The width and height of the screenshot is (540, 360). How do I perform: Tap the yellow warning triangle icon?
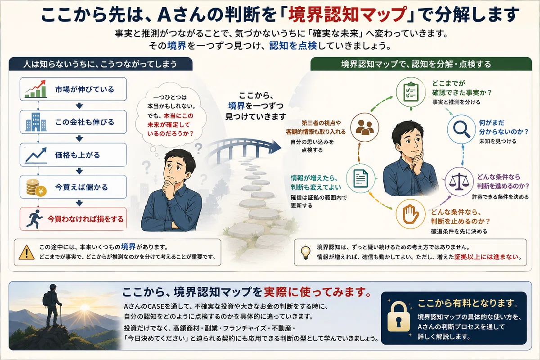(x=27, y=252)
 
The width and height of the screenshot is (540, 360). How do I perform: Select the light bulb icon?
(x=306, y=252)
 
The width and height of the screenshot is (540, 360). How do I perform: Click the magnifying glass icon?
(x=461, y=129)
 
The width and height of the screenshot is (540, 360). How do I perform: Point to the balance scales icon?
(x=459, y=181)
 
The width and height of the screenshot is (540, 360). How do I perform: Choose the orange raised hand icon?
(x=411, y=214)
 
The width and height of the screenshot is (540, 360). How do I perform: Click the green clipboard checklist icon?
(x=411, y=92)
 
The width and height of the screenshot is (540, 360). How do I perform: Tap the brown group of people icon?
(x=364, y=127)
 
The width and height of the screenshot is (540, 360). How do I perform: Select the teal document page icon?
(x=360, y=179)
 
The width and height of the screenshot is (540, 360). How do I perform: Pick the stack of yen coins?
(x=36, y=187)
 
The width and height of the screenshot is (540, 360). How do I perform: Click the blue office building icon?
(x=36, y=122)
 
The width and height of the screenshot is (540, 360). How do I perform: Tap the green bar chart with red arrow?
(x=36, y=89)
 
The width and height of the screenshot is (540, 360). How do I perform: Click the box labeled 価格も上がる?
(x=73, y=155)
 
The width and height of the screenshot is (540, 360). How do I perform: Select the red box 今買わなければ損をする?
(x=73, y=219)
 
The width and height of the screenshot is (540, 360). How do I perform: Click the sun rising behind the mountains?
(x=85, y=307)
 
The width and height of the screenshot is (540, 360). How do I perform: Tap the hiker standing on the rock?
(x=52, y=305)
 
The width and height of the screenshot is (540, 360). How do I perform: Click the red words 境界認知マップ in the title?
(x=346, y=15)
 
